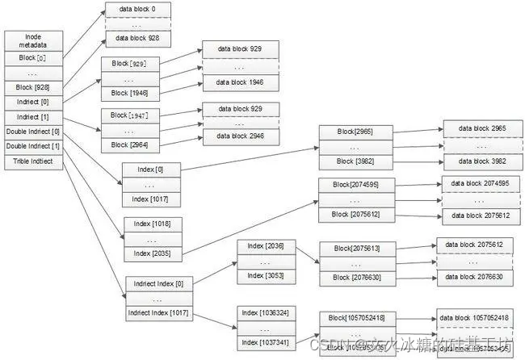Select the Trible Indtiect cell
pos(33,161)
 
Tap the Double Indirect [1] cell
pos(33,146)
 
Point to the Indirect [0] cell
pos(33,102)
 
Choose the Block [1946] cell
pos(129,94)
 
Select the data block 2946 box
pos(240,137)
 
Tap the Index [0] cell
pos(152,170)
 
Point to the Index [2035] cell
pos(152,253)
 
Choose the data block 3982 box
pos(476,161)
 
